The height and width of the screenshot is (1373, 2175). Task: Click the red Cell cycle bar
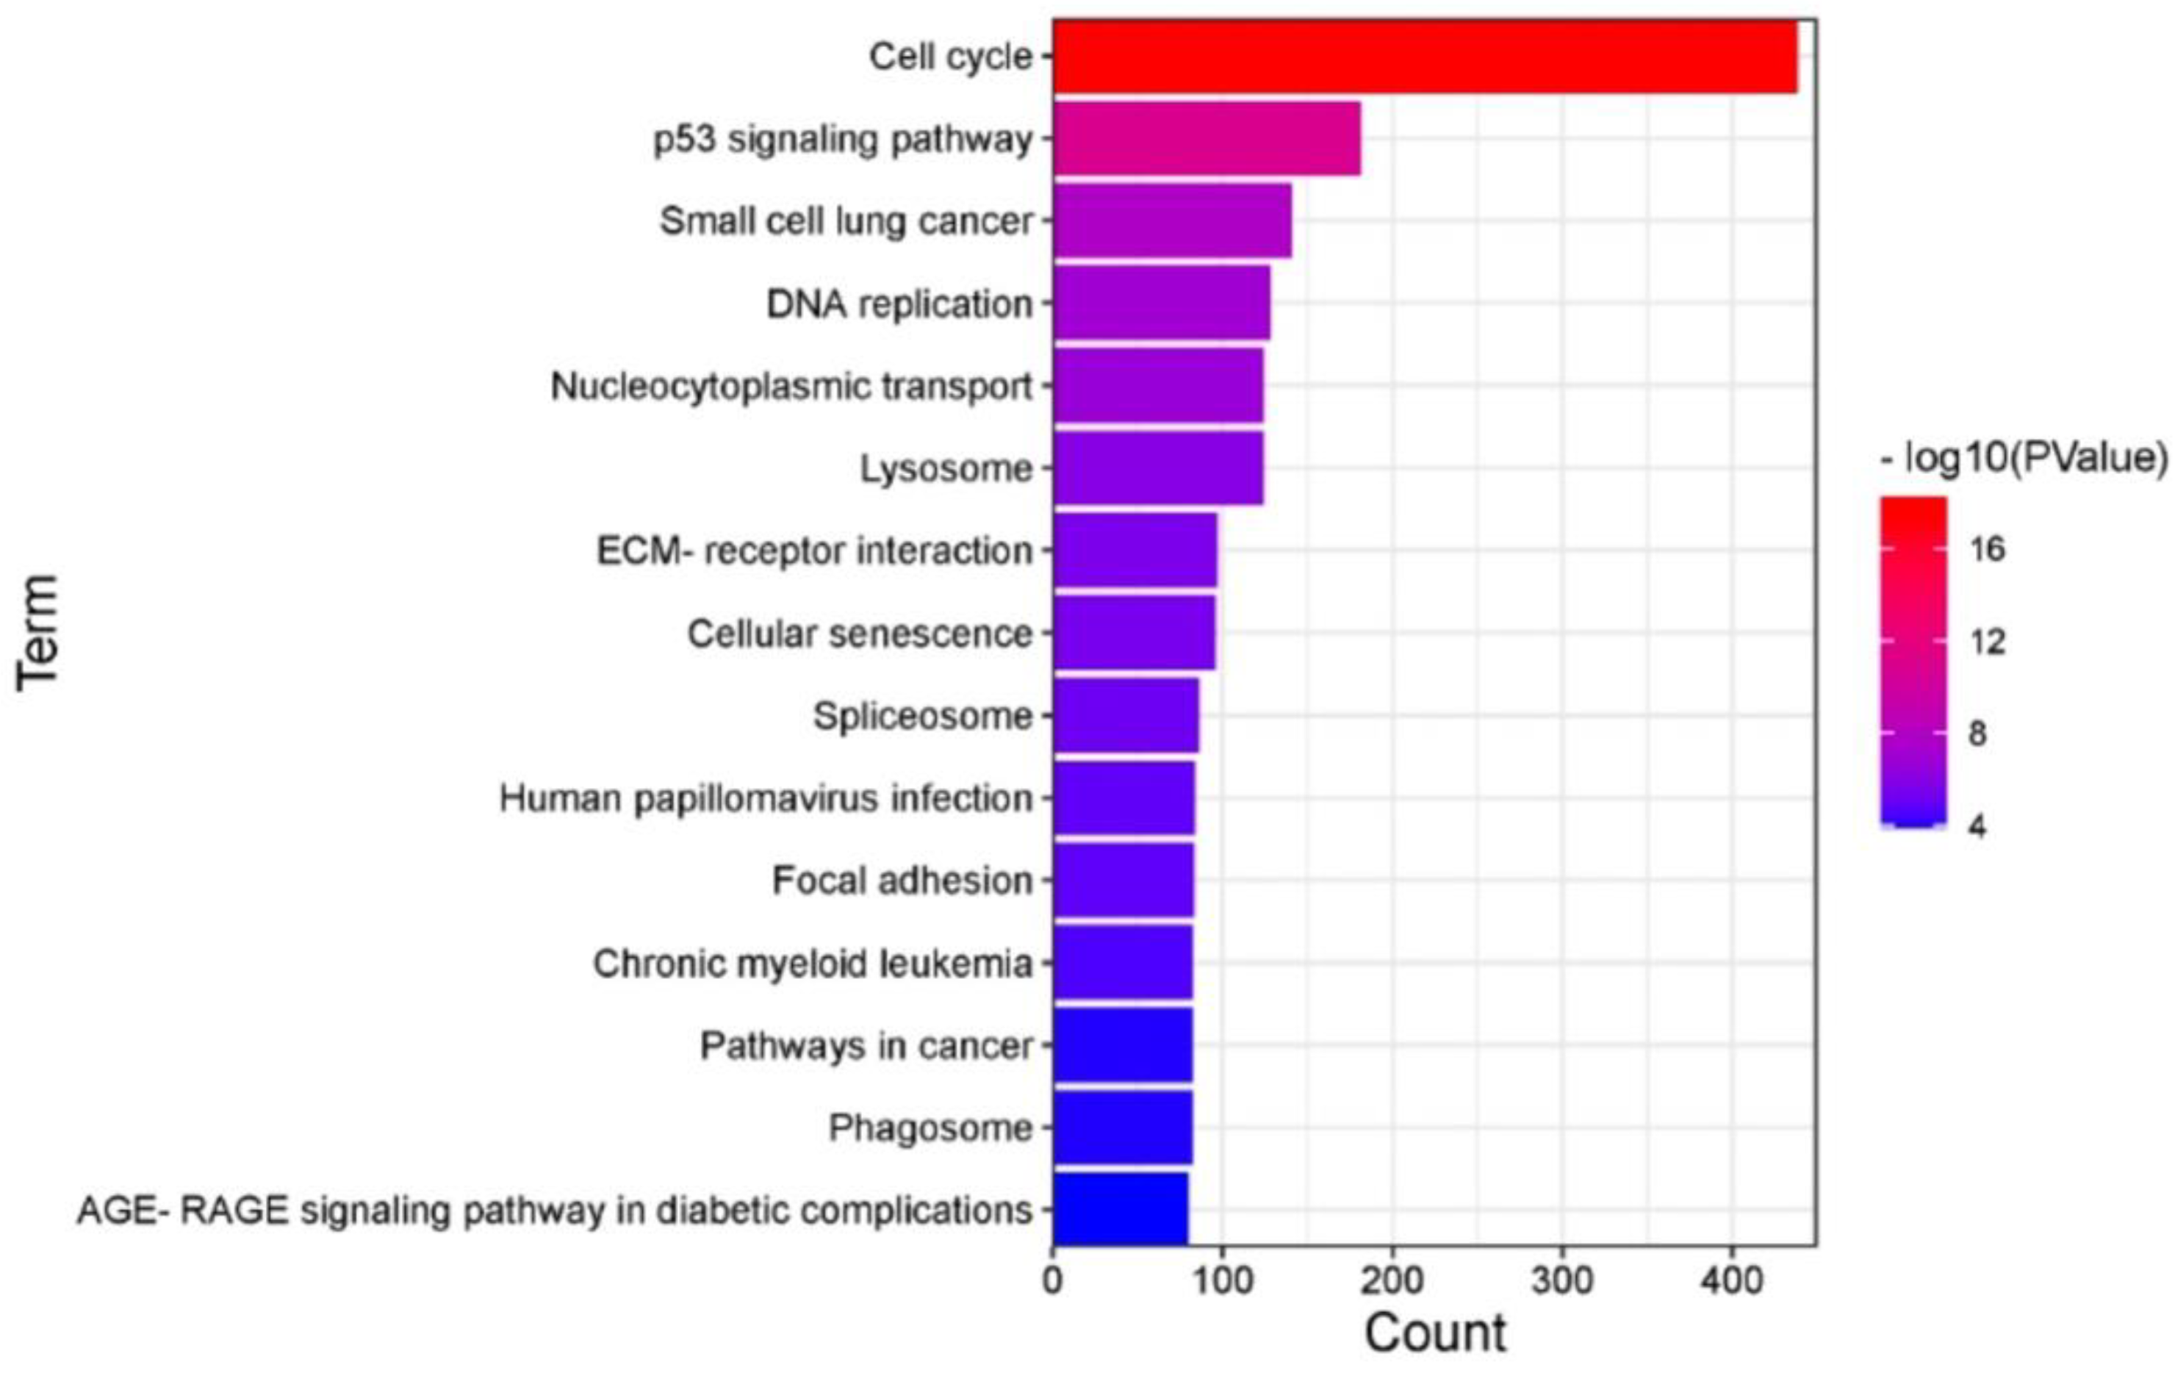pyautogui.click(x=1425, y=56)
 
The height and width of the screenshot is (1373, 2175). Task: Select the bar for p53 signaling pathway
pyautogui.click(x=1206, y=138)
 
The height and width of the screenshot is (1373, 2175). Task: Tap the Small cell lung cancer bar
pyautogui.click(x=1171, y=221)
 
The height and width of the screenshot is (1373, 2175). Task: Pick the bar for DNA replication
pyautogui.click(x=1161, y=303)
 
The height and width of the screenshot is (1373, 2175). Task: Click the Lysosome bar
pyautogui.click(x=1157, y=468)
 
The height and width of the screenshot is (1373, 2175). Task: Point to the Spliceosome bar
pyautogui.click(x=1126, y=715)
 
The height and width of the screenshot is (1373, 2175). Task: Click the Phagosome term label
pyautogui.click(x=930, y=1128)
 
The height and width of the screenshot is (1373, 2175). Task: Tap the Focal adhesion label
pyautogui.click(x=902, y=881)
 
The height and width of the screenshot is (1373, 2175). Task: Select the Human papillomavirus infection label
pyautogui.click(x=766, y=798)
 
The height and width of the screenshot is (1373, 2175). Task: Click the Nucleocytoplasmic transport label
pyautogui.click(x=791, y=387)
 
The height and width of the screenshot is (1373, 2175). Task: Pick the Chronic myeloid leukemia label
pyautogui.click(x=812, y=964)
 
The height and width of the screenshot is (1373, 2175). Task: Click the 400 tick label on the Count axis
pyautogui.click(x=1733, y=1281)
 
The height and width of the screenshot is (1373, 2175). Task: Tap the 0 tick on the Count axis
pyautogui.click(x=1052, y=1281)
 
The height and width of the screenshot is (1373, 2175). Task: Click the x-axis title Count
pyautogui.click(x=1434, y=1333)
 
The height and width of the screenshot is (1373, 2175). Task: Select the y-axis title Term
pyautogui.click(x=38, y=632)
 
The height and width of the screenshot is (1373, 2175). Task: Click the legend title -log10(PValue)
pyautogui.click(x=2022, y=459)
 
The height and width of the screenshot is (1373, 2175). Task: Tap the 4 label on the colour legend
pyautogui.click(x=1977, y=825)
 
